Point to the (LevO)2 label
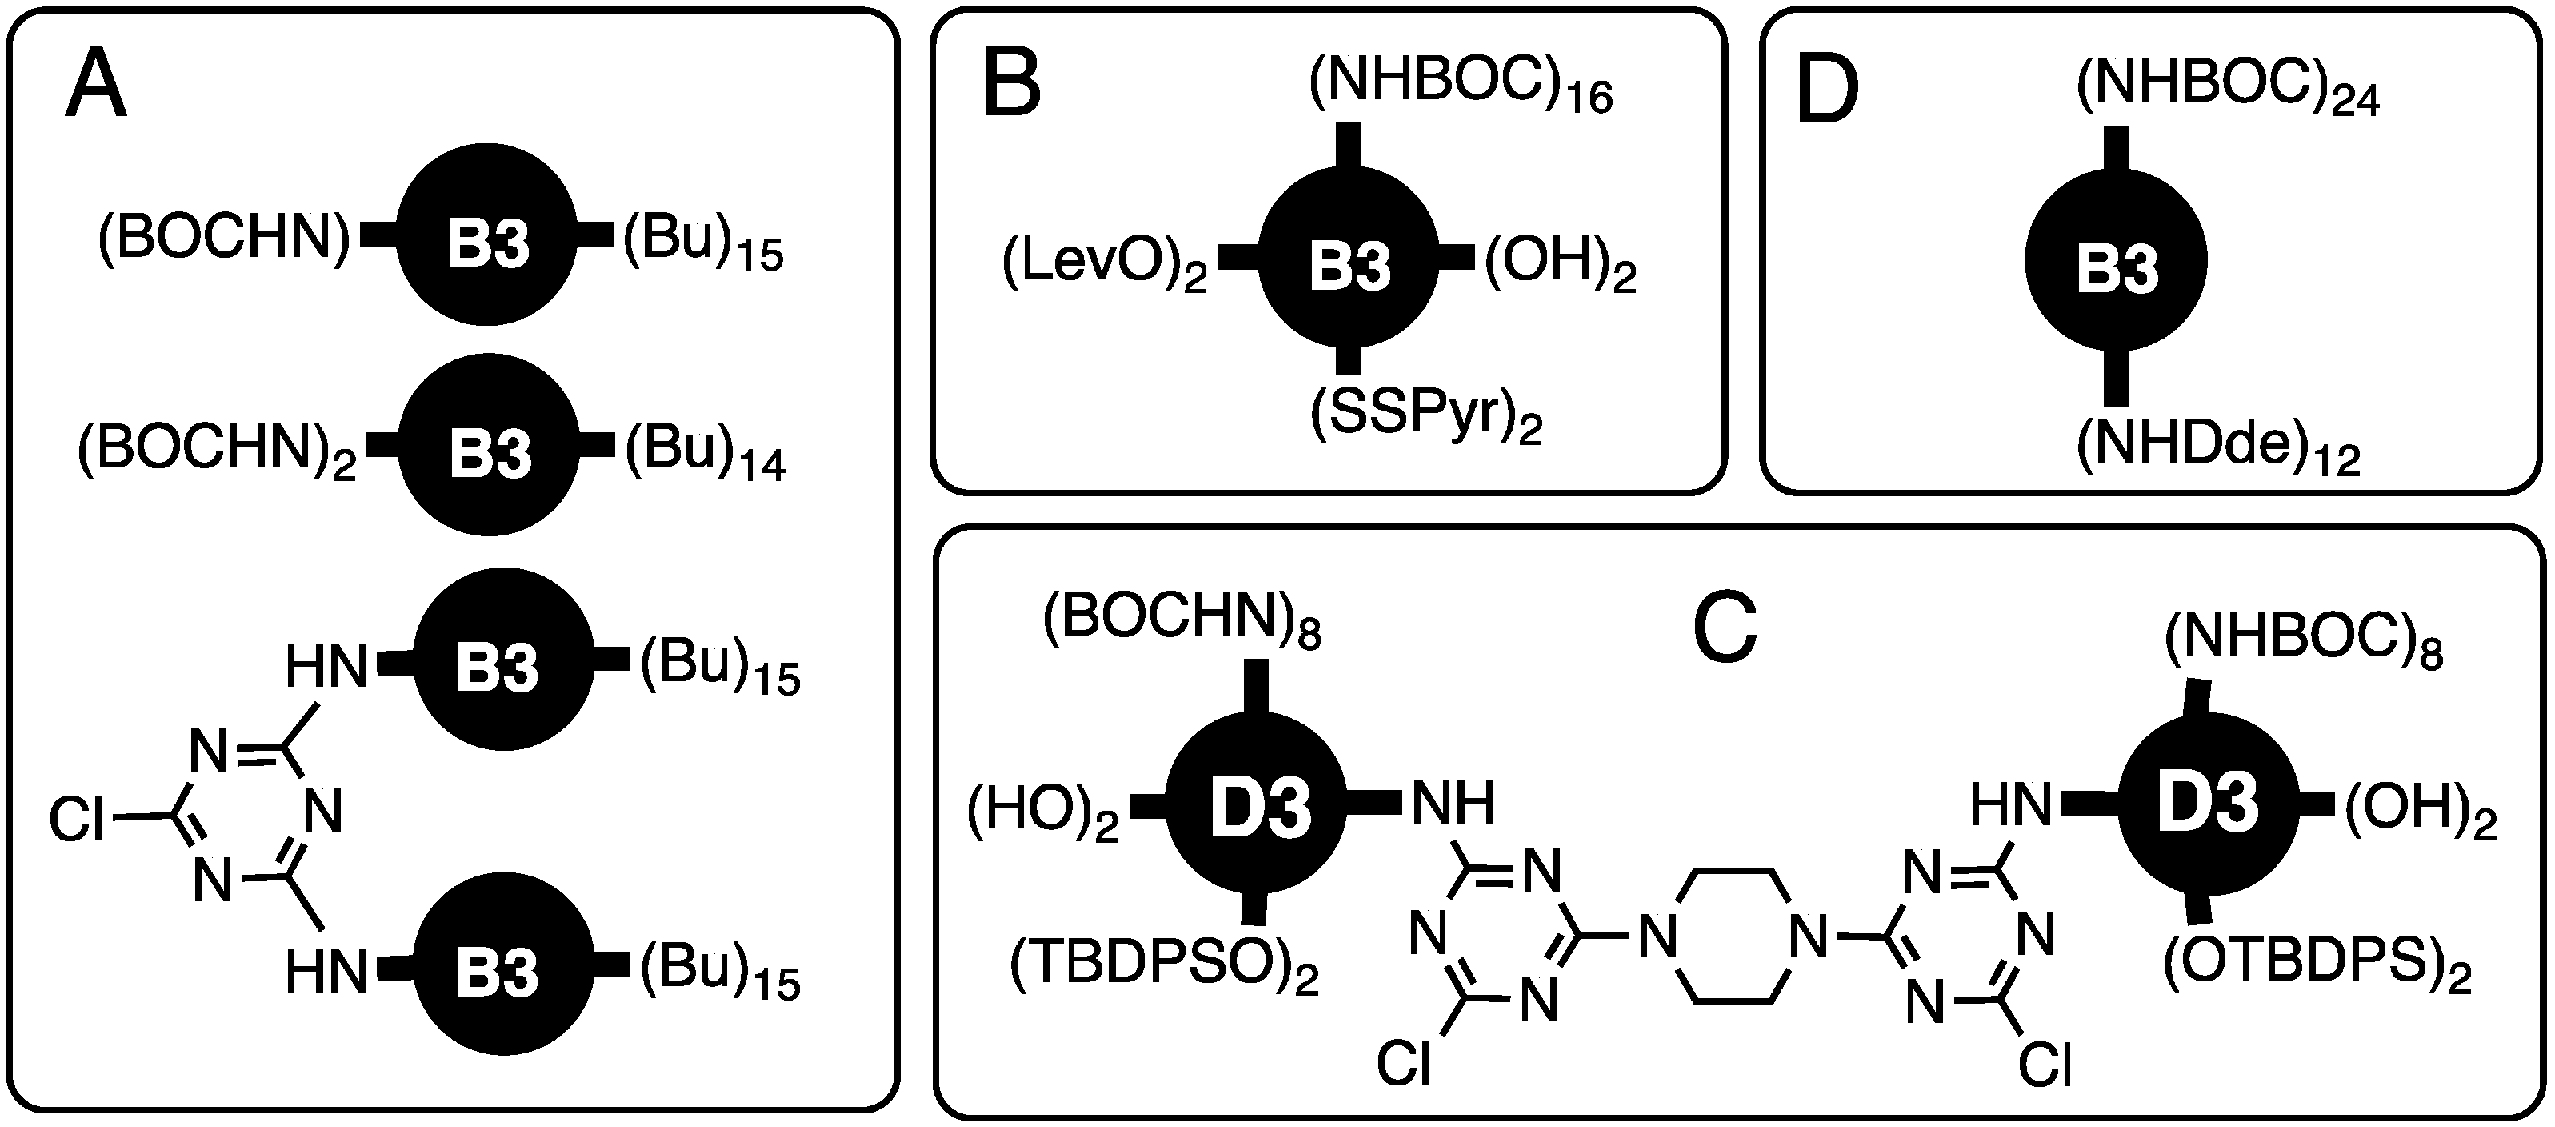(1104, 268)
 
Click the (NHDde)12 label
(2217, 451)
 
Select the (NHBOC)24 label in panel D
(2228, 91)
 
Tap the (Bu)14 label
(704, 453)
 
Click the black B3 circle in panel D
(2116, 261)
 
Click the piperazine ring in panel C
(1732, 936)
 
